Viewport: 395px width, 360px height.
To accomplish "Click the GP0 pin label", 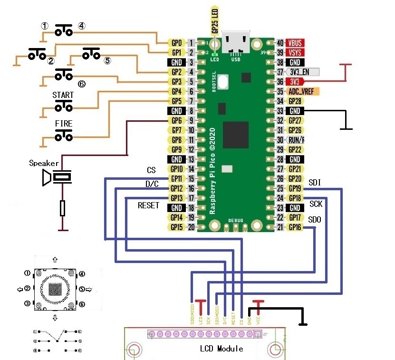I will point(176,43).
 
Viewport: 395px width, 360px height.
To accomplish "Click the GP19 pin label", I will point(295,188).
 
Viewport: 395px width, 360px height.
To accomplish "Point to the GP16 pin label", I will point(295,227).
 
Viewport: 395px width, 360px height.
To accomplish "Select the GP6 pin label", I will point(176,120).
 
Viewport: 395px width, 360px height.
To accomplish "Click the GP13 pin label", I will point(176,198).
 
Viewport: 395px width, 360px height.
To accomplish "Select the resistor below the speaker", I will point(63,208).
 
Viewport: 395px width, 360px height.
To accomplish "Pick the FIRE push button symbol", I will point(63,136).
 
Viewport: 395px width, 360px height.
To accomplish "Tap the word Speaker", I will point(44,163).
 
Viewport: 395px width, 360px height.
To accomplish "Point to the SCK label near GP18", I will point(316,204).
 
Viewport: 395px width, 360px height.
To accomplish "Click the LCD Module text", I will point(221,349).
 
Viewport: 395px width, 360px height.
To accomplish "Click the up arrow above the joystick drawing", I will point(55,260).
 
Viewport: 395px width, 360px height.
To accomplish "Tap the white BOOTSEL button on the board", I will point(223,81).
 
